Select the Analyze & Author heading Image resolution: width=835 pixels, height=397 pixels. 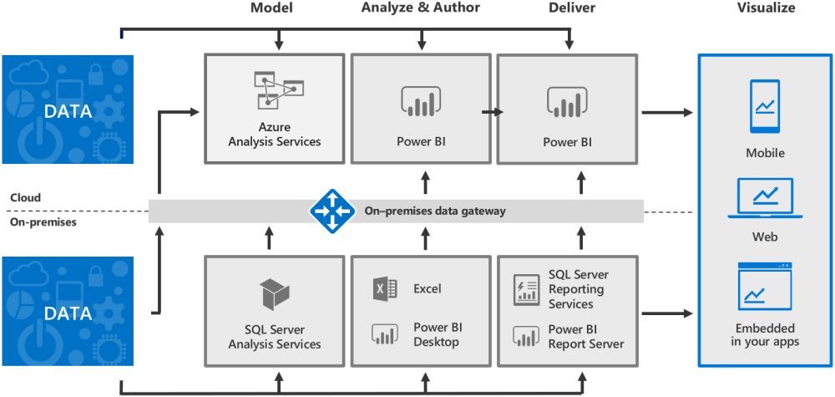(x=422, y=8)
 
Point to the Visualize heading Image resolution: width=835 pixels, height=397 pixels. (x=766, y=8)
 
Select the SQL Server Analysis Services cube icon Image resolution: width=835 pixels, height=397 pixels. (x=275, y=294)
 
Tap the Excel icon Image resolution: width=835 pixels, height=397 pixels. (x=385, y=289)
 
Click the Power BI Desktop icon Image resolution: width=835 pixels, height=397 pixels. (x=385, y=335)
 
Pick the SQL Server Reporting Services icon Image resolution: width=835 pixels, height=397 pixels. (x=526, y=289)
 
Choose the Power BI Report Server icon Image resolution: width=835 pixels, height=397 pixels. (x=526, y=336)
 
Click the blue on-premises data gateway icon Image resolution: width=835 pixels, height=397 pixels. (x=331, y=211)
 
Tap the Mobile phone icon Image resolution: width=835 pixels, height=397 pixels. (x=765, y=106)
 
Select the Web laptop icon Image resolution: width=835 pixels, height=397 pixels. (x=765, y=199)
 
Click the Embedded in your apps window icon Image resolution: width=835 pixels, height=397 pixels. (x=765, y=287)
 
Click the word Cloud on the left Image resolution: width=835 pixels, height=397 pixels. (x=26, y=198)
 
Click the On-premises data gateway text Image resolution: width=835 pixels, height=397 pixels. (x=435, y=211)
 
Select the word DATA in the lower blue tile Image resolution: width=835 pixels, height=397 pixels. (x=68, y=313)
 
